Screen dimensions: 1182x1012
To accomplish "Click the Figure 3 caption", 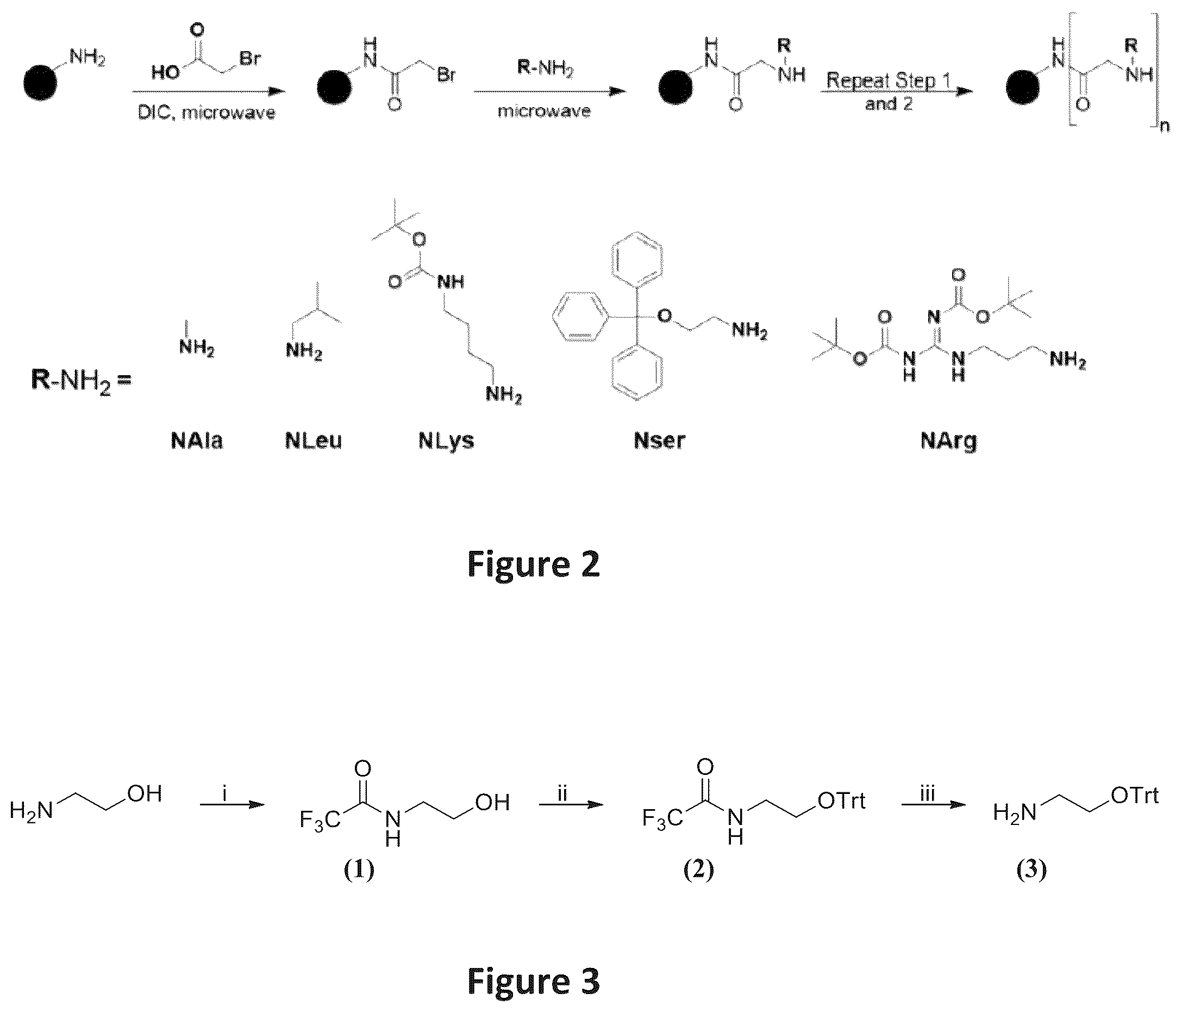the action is pyautogui.click(x=533, y=981).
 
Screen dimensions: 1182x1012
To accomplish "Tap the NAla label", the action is pyautogui.click(x=197, y=440).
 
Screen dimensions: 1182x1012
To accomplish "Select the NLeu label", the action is pyautogui.click(x=313, y=440).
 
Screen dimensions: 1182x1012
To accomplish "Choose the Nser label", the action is pyautogui.click(x=659, y=440).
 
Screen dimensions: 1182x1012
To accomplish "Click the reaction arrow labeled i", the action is pyautogui.click(x=233, y=805).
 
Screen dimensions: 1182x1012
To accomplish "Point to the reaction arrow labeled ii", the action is pyautogui.click(x=571, y=805).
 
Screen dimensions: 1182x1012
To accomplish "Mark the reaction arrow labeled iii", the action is pyautogui.click(x=934, y=805).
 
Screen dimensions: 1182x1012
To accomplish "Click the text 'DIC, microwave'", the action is pyautogui.click(x=207, y=113).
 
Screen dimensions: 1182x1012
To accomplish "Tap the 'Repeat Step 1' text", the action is pyautogui.click(x=889, y=80).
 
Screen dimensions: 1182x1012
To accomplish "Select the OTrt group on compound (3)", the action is pyautogui.click(x=1135, y=795).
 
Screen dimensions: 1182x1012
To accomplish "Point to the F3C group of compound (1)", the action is pyautogui.click(x=321, y=821).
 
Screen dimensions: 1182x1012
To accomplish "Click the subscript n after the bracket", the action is pyautogui.click(x=1165, y=127).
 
